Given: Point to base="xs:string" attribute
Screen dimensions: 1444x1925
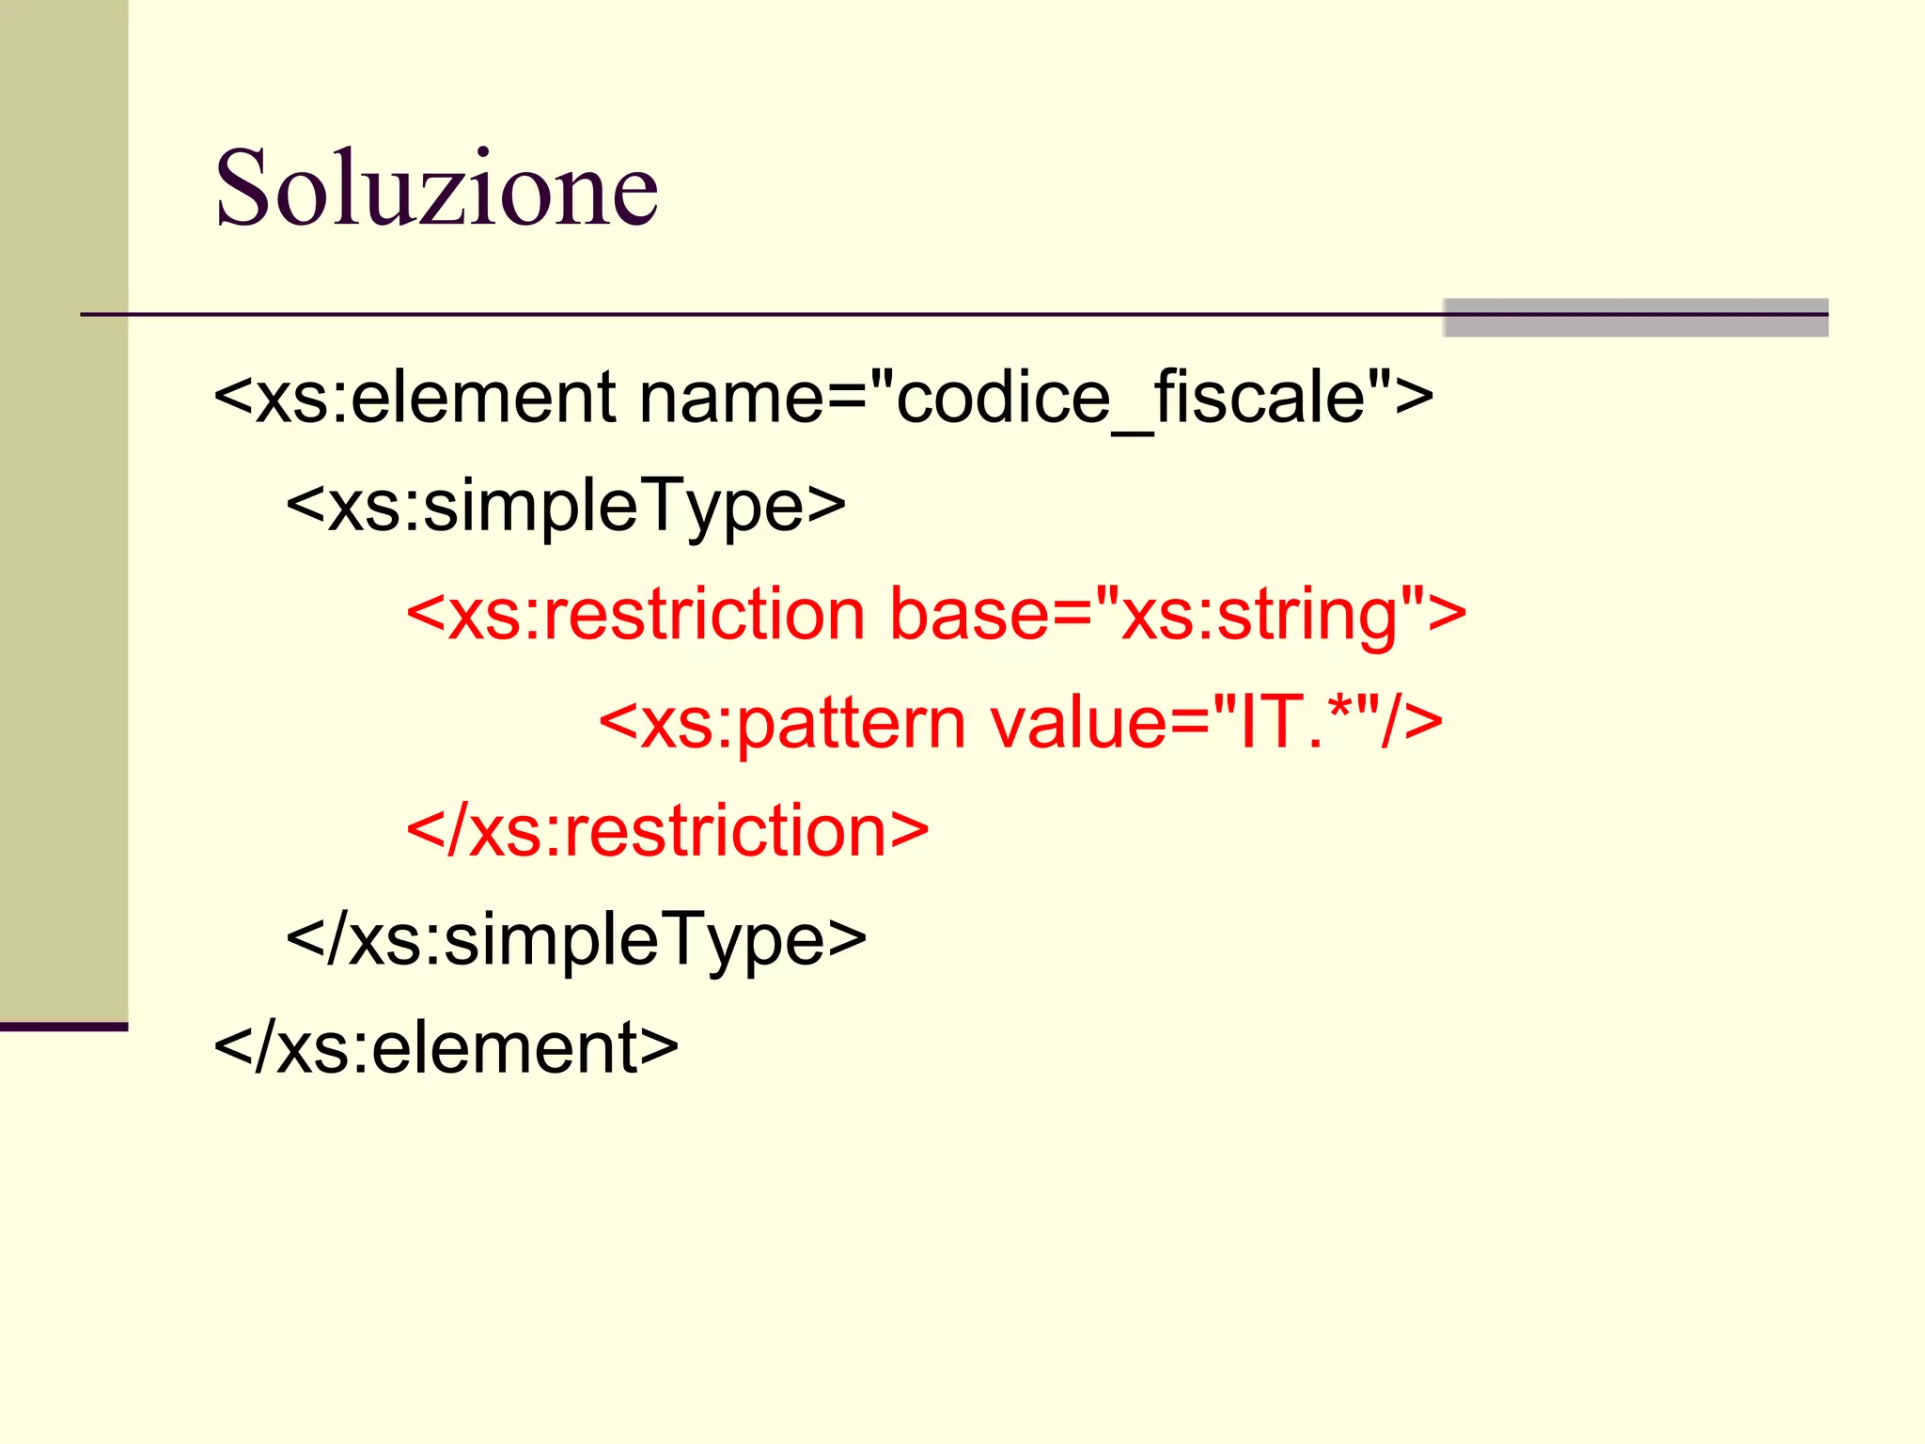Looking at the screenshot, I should pyautogui.click(x=1166, y=615).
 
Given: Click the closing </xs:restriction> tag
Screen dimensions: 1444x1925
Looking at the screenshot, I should pyautogui.click(x=667, y=831).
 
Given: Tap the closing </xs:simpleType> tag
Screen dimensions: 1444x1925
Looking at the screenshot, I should pyautogui.click(x=575, y=939).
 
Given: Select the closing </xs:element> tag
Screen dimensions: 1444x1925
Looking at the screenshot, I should pyautogui.click(x=446, y=1047).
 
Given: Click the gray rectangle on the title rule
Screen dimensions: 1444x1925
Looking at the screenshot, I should pyautogui.click(x=1635, y=318).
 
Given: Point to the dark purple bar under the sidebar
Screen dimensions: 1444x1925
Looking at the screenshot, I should pyautogui.click(x=63, y=1027).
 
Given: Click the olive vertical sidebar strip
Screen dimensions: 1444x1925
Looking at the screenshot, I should pyautogui.click(x=63, y=508).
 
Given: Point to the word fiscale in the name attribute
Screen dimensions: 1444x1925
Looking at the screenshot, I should pyautogui.click(x=1260, y=397).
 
